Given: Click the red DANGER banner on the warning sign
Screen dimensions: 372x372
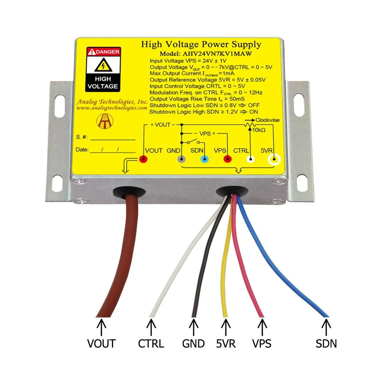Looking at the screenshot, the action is (103, 52).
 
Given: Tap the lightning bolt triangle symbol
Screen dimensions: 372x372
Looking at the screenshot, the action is (103, 65).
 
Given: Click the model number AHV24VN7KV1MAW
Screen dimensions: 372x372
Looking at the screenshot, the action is (217, 54).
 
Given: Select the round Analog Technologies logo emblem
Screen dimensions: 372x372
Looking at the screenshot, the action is (105, 121).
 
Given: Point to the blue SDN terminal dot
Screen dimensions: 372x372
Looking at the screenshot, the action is (204, 159).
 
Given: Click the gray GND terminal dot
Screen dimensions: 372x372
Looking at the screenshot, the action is (181, 159).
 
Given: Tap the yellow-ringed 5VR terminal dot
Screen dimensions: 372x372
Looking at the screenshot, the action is (274, 160).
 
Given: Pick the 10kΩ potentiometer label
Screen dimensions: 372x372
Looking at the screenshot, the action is (259, 130).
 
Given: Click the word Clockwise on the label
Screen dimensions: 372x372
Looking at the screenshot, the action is (267, 120).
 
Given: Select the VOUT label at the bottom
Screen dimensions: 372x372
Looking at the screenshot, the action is (101, 344).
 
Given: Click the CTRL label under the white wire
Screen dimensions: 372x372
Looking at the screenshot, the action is (151, 344).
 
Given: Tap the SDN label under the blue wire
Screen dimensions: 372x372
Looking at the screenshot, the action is (326, 344).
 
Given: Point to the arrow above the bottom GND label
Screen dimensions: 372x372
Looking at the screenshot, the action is (194, 327).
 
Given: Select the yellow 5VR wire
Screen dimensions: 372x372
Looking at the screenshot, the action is (226, 256).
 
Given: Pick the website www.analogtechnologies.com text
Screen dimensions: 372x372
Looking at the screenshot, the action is (112, 108).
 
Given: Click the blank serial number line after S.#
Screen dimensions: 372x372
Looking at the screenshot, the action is (113, 140).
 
